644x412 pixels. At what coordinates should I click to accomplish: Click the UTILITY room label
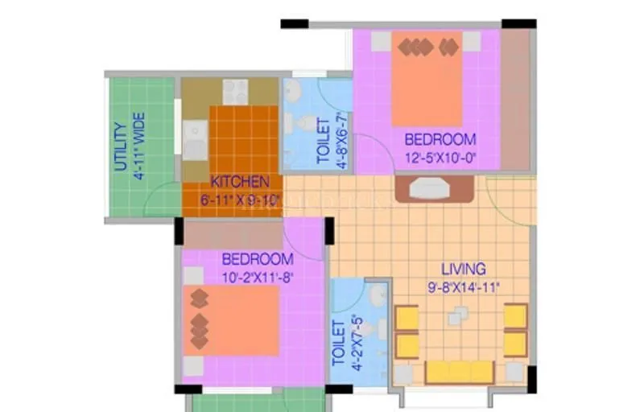(120, 146)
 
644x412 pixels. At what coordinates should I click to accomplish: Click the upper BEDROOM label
(440, 139)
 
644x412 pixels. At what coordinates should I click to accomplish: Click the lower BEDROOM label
(257, 259)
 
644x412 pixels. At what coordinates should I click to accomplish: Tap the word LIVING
(463, 269)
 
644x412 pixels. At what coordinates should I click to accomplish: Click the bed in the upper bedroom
(427, 78)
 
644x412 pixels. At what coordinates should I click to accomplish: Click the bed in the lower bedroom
(232, 319)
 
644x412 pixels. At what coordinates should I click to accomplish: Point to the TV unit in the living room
(434, 188)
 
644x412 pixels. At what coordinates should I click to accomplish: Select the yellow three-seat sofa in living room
(459, 372)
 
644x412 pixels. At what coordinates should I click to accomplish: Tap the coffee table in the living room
(457, 319)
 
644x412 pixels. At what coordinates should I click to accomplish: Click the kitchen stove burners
(235, 92)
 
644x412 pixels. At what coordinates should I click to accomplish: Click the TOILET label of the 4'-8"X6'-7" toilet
(323, 142)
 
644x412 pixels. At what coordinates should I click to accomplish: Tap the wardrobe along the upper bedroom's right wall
(515, 101)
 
